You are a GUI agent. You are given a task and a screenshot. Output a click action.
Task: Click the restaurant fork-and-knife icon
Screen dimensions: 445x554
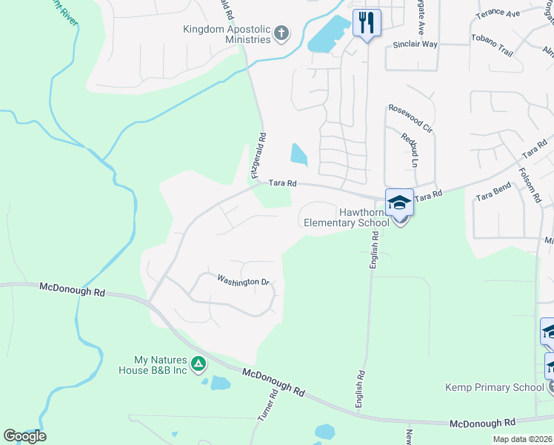[366, 22]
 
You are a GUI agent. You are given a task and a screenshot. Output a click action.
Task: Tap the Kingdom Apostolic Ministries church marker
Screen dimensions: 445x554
[281, 33]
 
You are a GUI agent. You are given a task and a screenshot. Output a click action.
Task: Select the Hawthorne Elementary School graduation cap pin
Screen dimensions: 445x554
[399, 202]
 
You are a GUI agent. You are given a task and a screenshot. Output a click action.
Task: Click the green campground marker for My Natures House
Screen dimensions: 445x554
[198, 363]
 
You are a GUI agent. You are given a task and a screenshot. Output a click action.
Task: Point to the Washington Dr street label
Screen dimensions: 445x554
[242, 281]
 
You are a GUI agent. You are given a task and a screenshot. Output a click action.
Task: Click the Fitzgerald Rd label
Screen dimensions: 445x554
[258, 156]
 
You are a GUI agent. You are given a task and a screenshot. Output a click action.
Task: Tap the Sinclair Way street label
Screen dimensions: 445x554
[415, 44]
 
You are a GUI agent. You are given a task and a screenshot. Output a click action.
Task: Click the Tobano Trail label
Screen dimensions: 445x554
[492, 44]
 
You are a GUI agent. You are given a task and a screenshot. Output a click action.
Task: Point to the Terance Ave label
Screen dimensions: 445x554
[498, 13]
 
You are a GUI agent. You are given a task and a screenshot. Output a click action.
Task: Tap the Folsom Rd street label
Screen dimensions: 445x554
[530, 185]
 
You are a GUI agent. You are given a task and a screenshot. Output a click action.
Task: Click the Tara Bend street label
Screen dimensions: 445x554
[494, 196]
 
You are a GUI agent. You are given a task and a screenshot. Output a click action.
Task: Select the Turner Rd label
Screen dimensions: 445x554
[267, 407]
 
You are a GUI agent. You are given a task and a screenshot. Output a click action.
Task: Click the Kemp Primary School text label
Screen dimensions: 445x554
[495, 387]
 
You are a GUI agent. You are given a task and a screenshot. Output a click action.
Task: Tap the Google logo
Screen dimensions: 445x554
[24, 435]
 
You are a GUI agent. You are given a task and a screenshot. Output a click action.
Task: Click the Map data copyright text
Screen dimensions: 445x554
[521, 439]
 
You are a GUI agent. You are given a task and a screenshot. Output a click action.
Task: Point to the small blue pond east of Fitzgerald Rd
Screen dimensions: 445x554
[298, 154]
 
